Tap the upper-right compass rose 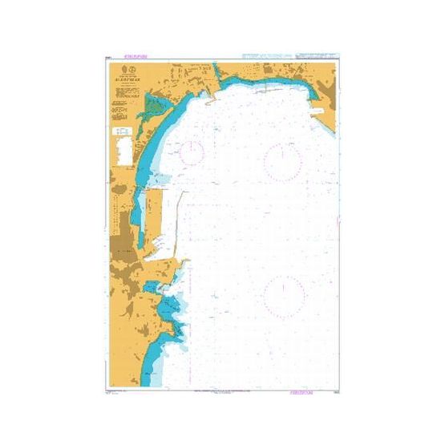[281, 161]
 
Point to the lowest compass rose [284, 296]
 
